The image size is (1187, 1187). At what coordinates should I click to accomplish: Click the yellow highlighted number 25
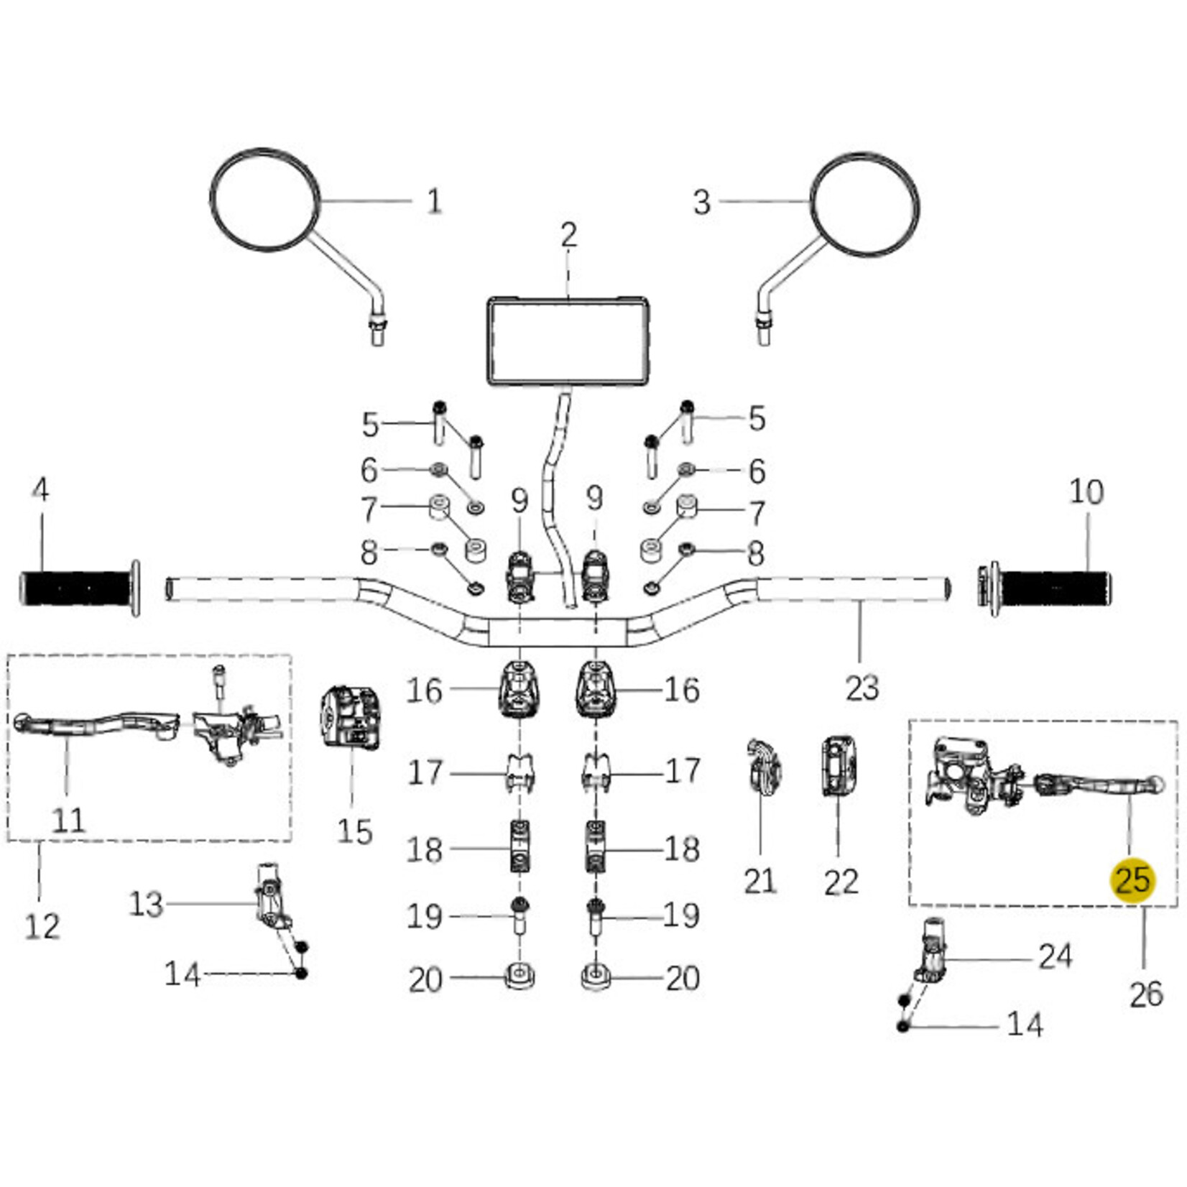1133,880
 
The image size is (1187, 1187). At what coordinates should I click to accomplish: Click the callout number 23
862,688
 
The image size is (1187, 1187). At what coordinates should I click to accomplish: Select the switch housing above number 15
349,719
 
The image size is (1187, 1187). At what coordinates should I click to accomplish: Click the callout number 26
1145,995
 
